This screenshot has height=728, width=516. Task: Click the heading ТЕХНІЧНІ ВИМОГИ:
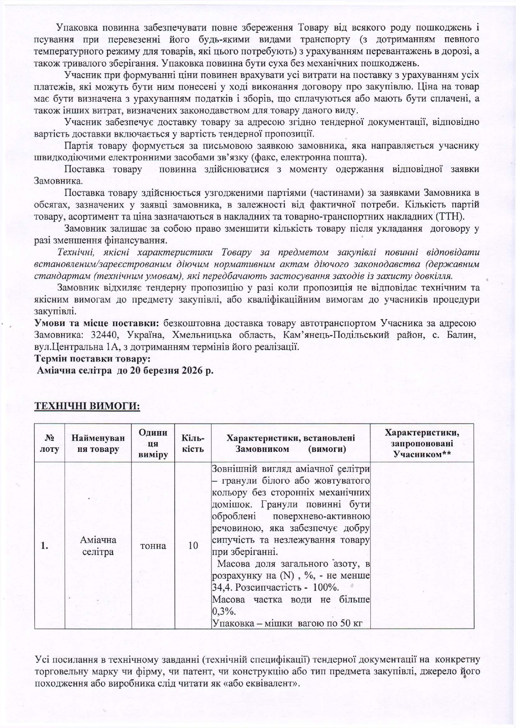87,406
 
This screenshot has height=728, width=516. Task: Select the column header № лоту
50,443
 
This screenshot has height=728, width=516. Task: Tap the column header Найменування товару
98,443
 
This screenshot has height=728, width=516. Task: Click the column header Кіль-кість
193,443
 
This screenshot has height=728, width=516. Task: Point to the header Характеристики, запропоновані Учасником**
422,443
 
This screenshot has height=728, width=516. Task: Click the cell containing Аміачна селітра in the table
98,546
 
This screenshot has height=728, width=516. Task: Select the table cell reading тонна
153,546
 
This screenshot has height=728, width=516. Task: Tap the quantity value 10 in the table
193,546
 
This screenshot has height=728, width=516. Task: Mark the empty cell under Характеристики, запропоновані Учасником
422,546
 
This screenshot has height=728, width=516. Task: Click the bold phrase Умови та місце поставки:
97,323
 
